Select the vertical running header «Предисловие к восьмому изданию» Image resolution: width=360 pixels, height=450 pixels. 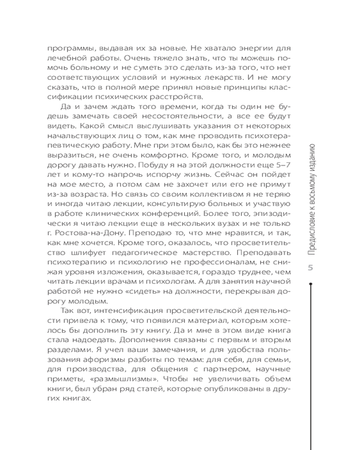pyautogui.click(x=310, y=198)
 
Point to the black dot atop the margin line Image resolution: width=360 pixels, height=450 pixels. pyautogui.click(x=310, y=283)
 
